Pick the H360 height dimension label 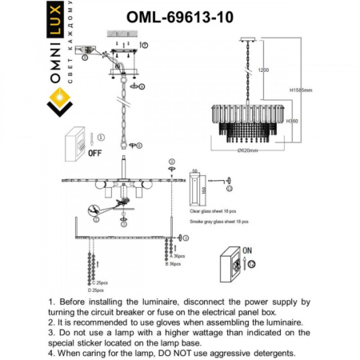292,121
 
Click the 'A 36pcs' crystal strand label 178,255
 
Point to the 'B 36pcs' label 176,263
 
